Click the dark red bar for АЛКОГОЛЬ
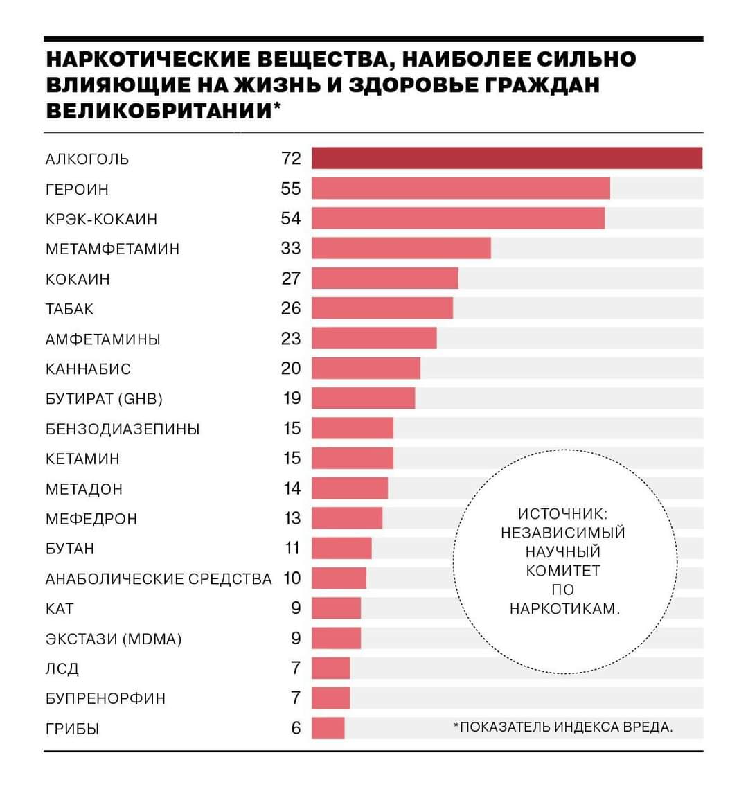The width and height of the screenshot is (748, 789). pos(506,158)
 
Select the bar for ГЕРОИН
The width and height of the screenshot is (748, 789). pos(461,188)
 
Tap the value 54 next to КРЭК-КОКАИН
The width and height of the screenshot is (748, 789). pos(291,218)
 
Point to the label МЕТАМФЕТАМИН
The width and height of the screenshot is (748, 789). pos(112,249)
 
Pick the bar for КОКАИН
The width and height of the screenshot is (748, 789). pos(384,278)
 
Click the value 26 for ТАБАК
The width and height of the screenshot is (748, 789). pos(291,308)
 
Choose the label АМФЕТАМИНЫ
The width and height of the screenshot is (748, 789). pos(103,339)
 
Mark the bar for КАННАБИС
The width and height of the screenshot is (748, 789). pos(366,368)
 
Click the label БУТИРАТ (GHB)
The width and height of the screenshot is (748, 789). pos(104,399)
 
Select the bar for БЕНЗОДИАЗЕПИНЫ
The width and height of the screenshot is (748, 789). pos(352,428)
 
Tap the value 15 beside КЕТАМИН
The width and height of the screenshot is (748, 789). pos(292,458)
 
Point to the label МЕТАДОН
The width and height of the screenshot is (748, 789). pos(84,489)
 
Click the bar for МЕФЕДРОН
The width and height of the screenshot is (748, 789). pos(346,518)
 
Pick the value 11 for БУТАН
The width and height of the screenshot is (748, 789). pos(292,548)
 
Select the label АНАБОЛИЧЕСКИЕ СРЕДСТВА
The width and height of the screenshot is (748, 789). pos(159,578)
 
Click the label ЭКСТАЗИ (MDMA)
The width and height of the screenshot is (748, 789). pos(114,639)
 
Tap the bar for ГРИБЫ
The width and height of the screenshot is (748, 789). pos(328,728)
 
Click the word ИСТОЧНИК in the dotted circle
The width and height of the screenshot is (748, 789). pos(562,514)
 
